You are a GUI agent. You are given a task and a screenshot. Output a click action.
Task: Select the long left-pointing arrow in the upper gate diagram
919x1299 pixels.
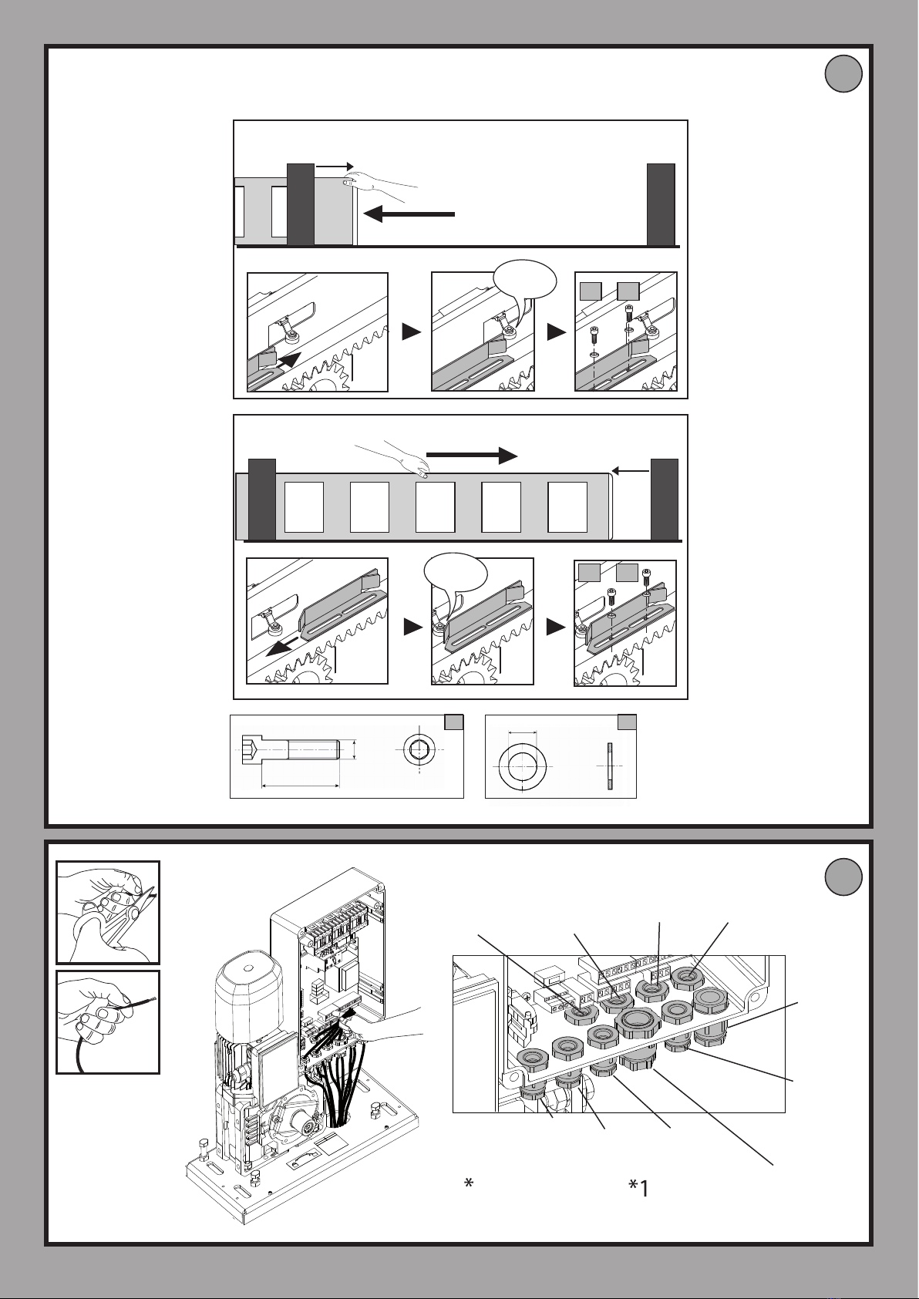pos(409,215)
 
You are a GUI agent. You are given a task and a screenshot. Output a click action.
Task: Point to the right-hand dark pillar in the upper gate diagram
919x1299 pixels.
pos(661,205)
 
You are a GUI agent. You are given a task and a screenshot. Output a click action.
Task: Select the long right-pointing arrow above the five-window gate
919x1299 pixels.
pos(470,455)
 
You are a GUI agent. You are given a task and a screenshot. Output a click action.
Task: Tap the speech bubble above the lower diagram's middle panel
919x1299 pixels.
pos(456,574)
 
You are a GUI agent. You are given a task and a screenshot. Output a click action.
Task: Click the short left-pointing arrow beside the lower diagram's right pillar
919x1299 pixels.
pos(629,469)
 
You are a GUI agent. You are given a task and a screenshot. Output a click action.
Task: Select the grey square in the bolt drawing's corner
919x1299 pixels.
pos(454,722)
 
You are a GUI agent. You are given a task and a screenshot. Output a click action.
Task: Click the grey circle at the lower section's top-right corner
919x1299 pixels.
pos(842,877)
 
